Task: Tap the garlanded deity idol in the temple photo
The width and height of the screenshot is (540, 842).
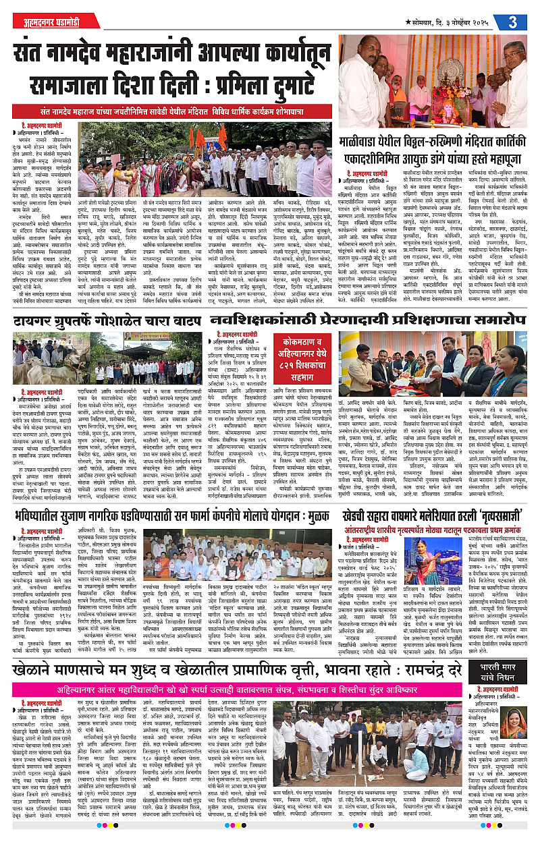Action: [x=452, y=94]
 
